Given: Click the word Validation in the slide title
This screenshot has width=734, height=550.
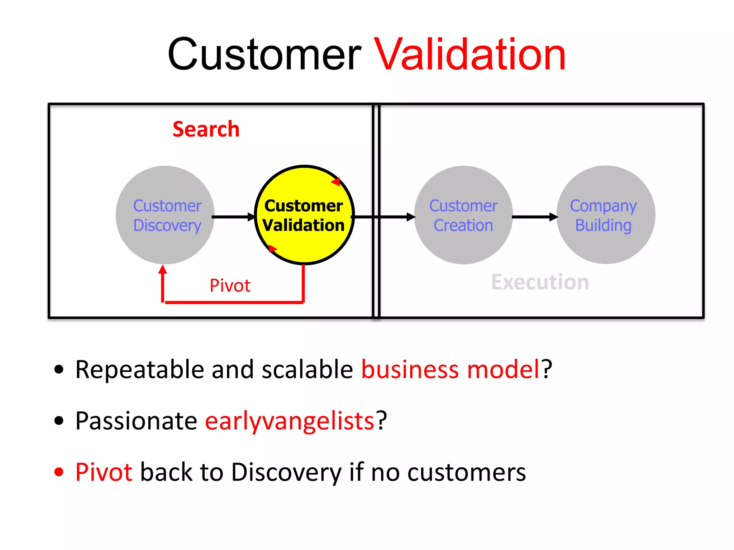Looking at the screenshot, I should click(470, 56).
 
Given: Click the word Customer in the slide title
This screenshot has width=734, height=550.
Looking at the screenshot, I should click(264, 56).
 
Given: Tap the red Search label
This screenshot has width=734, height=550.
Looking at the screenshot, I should click(206, 129).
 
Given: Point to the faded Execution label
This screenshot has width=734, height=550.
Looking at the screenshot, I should click(540, 282).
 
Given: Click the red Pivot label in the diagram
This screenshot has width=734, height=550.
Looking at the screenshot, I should click(230, 286).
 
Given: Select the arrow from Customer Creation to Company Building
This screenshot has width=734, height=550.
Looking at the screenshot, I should click(534, 217).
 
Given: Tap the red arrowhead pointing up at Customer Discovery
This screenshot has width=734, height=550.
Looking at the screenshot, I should click(163, 270).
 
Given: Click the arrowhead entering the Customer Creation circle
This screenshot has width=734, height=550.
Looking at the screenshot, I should click(411, 217).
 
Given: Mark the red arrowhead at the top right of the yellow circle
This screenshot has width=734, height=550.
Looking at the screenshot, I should click(336, 182).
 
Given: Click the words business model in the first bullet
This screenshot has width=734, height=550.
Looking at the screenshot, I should click(450, 370).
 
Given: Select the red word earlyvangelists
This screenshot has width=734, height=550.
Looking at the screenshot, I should click(290, 421).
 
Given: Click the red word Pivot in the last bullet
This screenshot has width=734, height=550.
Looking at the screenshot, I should click(104, 472).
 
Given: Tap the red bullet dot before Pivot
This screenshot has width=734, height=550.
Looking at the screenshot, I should click(59, 472).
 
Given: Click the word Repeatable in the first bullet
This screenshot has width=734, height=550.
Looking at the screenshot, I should click(140, 370).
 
